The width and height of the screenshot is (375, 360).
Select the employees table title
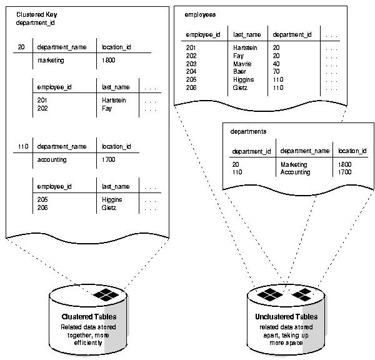pyautogui.click(x=201, y=13)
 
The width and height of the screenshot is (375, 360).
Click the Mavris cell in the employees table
pyautogui.click(x=242, y=64)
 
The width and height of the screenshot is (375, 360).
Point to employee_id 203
pyautogui.click(x=191, y=64)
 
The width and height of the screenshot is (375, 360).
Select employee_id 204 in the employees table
pyautogui.click(x=191, y=72)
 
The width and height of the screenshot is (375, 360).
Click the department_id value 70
pyautogui.click(x=276, y=72)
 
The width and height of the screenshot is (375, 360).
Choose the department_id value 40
pyautogui.click(x=276, y=64)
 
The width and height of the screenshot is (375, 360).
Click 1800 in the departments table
pyautogui.click(x=345, y=164)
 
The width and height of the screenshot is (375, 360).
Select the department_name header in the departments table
pyautogui.click(x=304, y=151)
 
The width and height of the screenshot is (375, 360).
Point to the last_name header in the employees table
pyautogui.click(x=246, y=36)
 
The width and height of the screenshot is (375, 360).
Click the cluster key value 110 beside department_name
pyautogui.click(x=22, y=146)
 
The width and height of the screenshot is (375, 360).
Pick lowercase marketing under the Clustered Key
pyautogui.click(x=55, y=61)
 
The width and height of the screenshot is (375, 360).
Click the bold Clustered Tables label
pyautogui.click(x=88, y=317)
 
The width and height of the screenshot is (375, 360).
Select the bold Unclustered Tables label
pyautogui.click(x=286, y=317)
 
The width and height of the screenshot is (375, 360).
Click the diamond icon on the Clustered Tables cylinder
pyautogui.click(x=102, y=294)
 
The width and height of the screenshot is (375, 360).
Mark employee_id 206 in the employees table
pyautogui.click(x=191, y=87)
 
